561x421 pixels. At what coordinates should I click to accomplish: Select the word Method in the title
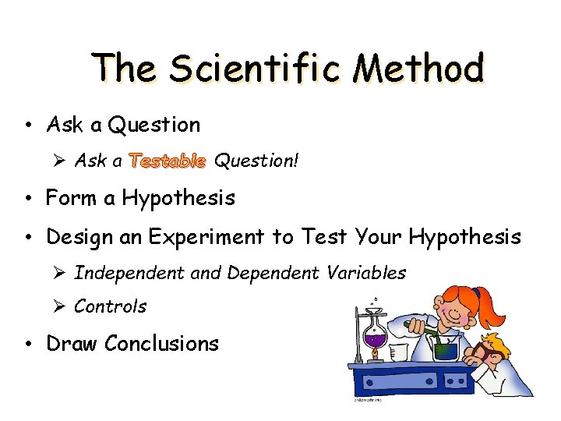(x=418, y=69)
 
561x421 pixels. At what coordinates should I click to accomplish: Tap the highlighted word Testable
(x=168, y=161)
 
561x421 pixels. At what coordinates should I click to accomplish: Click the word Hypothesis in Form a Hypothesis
(x=178, y=199)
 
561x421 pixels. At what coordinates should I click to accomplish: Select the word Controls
(x=110, y=306)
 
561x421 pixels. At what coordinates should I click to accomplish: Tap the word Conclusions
(x=162, y=344)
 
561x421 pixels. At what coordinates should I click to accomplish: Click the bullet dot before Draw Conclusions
(x=27, y=345)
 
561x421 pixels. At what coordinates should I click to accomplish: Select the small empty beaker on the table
(x=398, y=353)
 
